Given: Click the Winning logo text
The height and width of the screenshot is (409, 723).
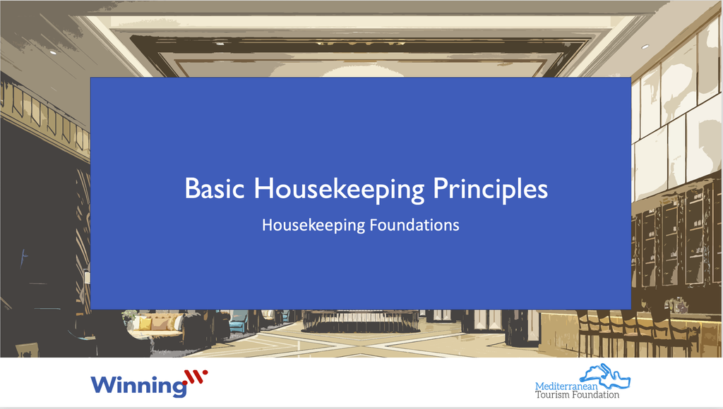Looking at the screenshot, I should (137, 385).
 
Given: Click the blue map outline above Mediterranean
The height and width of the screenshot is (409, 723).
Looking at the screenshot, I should (607, 374).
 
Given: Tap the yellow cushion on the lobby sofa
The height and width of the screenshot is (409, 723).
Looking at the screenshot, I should (144, 323).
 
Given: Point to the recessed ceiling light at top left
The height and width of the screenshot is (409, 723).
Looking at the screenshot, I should (53, 52).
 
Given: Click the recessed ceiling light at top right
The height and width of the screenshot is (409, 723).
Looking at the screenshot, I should (645, 47).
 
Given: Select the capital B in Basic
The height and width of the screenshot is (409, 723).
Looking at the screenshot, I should (191, 189).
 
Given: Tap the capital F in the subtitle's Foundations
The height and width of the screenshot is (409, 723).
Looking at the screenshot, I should (374, 226).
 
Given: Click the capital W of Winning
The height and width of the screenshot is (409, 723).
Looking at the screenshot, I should (103, 385).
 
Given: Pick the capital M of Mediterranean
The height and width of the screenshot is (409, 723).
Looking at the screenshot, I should (539, 386).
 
